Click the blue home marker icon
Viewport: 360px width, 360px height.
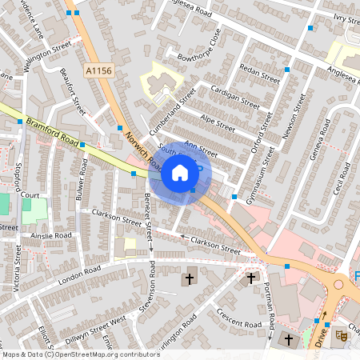pos(180,173)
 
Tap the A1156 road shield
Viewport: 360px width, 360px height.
pos(98,71)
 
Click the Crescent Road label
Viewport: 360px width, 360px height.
pos(240,320)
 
